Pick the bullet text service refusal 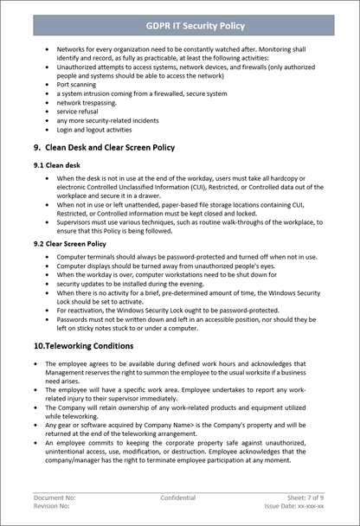pyautogui.click(x=78, y=112)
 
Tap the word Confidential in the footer pyautogui.click(x=177, y=498)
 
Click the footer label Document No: pyautogui.click(x=54, y=498)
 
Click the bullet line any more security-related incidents pyautogui.click(x=106, y=120)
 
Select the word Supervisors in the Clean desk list pyautogui.click(x=75, y=221)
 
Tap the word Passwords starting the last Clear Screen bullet pyautogui.click(x=74, y=319)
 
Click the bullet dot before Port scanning pyautogui.click(x=46, y=84)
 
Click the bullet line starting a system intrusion pyautogui.click(x=117, y=93)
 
